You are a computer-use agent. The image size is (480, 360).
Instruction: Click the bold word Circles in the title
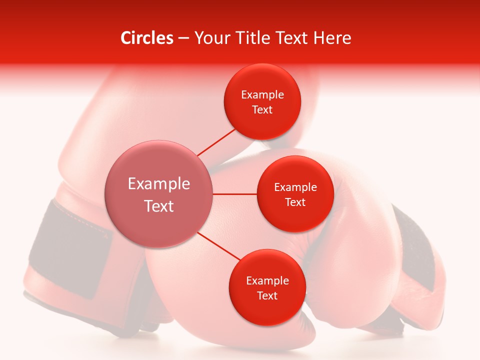click(x=147, y=38)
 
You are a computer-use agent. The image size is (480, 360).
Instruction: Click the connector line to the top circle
click(x=216, y=142)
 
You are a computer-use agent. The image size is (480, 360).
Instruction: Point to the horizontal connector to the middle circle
click(x=234, y=194)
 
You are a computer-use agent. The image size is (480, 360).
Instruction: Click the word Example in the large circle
click(x=159, y=184)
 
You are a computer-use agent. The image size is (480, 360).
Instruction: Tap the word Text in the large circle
click(x=159, y=206)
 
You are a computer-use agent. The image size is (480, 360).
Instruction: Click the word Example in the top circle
click(x=262, y=95)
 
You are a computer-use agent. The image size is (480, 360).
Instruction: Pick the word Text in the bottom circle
click(x=267, y=296)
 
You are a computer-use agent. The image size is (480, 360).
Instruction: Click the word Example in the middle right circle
click(x=295, y=187)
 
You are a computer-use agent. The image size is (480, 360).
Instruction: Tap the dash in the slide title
click(x=183, y=38)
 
